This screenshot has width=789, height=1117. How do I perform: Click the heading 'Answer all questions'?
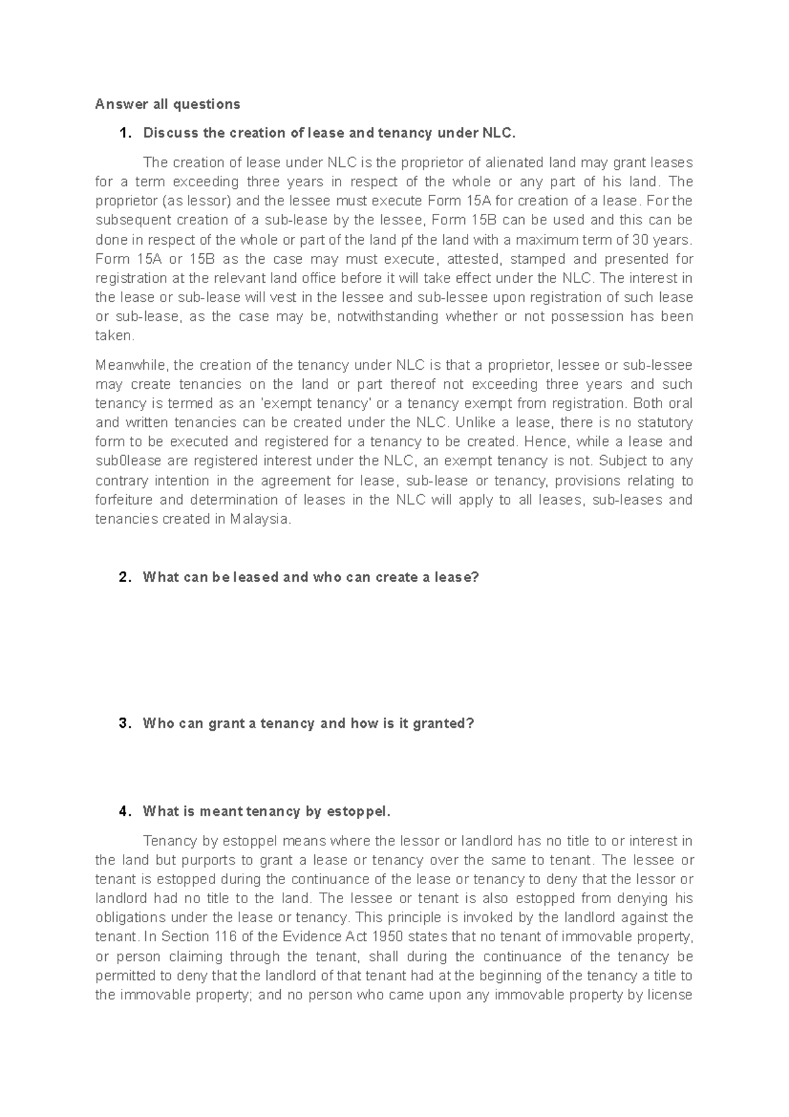(x=168, y=104)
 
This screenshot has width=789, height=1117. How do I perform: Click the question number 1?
(x=124, y=133)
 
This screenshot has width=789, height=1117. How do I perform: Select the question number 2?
(x=124, y=578)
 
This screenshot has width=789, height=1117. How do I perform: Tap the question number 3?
(x=124, y=724)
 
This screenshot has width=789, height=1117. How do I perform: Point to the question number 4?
(x=124, y=811)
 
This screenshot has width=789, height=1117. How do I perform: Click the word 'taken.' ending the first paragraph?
(x=114, y=335)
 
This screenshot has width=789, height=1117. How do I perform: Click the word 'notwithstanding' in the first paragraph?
(x=387, y=316)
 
